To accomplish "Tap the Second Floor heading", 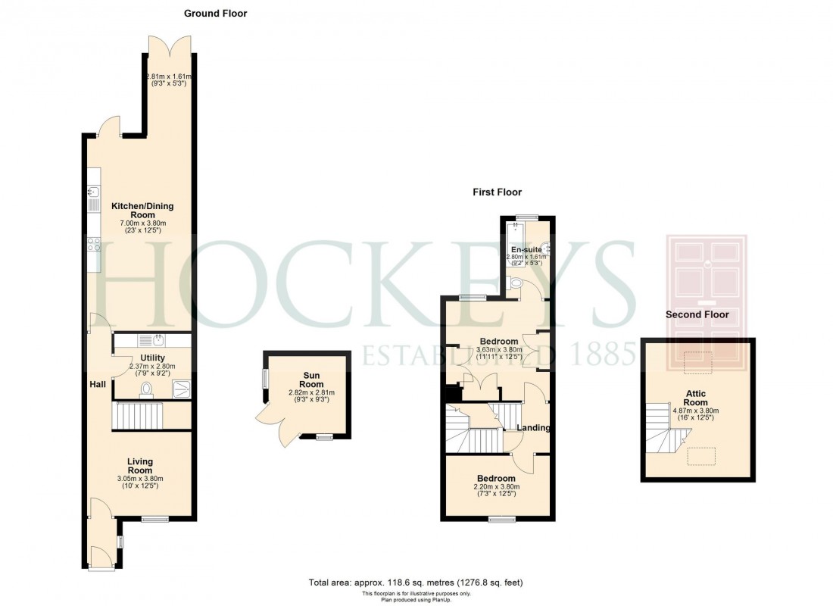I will click(x=697, y=314).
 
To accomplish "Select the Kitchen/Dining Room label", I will click(x=139, y=211).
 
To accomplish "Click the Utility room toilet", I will click(x=147, y=389).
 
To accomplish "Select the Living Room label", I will click(x=140, y=466).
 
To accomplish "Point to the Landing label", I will click(x=533, y=428).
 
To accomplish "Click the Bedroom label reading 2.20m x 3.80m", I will click(x=496, y=479).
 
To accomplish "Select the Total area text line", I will click(x=415, y=583).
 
